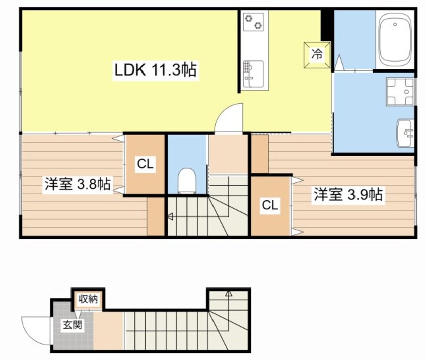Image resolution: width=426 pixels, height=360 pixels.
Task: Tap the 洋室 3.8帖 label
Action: tap(77, 184)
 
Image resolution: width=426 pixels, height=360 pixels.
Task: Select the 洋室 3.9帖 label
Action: tap(348, 194)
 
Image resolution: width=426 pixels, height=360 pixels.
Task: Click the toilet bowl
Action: tap(187, 179)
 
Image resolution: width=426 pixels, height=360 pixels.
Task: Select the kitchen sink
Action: tap(252, 73)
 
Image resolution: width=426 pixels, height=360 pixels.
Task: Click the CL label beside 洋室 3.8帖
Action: tap(145, 164)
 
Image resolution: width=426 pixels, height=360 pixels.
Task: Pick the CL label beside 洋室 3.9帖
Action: tap(270, 205)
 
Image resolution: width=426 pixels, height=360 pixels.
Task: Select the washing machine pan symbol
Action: tap(400, 91)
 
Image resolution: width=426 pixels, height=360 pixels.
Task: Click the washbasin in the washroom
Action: tap(405, 133)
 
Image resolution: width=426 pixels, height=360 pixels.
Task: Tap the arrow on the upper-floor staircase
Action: tap(170, 217)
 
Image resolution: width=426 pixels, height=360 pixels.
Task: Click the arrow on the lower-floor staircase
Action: tap(228, 293)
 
